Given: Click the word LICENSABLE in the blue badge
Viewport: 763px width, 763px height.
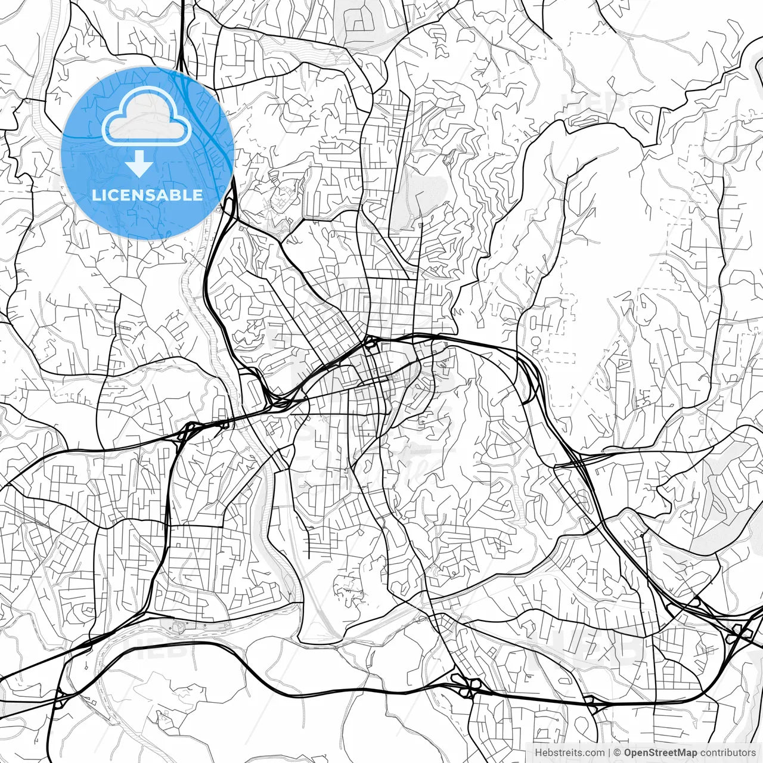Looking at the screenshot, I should [147, 195].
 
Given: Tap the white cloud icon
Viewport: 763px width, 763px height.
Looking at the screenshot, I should [147, 116].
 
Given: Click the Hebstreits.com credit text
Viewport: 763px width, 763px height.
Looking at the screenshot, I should [569, 752].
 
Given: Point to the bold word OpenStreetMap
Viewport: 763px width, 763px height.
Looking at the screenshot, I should [660, 752].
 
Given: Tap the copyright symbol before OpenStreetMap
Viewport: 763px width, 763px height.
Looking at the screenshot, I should [618, 752].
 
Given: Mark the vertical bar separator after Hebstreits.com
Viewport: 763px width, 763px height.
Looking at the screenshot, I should [609, 752].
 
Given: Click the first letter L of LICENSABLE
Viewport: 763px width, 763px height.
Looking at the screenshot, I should [97, 195].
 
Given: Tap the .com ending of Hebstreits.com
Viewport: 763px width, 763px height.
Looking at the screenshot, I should [594, 752].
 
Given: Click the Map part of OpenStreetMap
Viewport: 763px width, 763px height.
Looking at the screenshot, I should [687, 752].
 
